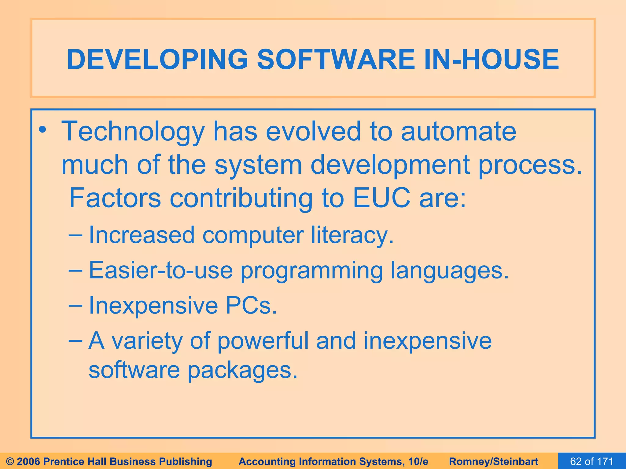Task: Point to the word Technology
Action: point(133,132)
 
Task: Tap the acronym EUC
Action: point(381,198)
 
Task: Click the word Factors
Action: point(115,198)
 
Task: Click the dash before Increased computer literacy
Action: point(75,235)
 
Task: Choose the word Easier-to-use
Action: point(160,270)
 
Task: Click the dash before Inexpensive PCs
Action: point(75,305)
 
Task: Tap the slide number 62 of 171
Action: point(591,461)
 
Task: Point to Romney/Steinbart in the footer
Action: point(493,461)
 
